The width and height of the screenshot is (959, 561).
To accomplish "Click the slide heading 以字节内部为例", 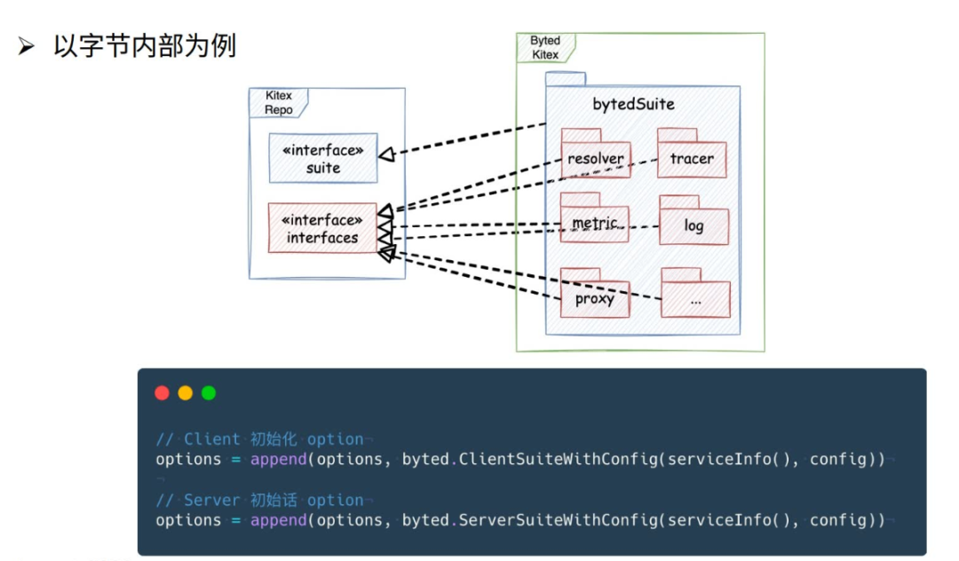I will tap(144, 46).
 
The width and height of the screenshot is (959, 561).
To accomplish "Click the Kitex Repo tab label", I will tap(278, 102).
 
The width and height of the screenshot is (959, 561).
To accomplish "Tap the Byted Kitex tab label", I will tap(545, 47).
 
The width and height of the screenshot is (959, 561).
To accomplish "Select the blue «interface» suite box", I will tap(323, 159).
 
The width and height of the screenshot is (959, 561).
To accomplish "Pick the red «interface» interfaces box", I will tap(321, 228).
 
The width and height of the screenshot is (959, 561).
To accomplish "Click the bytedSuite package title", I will tap(633, 105).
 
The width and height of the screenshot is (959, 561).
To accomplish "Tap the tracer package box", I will tap(692, 159).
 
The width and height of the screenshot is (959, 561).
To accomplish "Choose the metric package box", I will tap(595, 224).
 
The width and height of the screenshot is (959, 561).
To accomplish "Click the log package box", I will tap(693, 225).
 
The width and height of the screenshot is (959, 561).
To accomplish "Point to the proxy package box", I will tap(595, 299).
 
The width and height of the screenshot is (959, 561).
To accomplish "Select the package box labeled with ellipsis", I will tap(695, 300).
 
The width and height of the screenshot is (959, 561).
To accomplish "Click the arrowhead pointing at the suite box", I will tap(386, 154).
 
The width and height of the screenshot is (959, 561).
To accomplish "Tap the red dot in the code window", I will tap(162, 393).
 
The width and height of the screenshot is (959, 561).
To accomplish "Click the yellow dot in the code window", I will tap(185, 393).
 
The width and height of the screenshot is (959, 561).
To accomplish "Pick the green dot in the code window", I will tap(209, 393).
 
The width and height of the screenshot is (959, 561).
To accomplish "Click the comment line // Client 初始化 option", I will tap(259, 439).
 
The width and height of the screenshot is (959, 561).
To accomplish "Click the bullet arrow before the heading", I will tap(25, 47).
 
